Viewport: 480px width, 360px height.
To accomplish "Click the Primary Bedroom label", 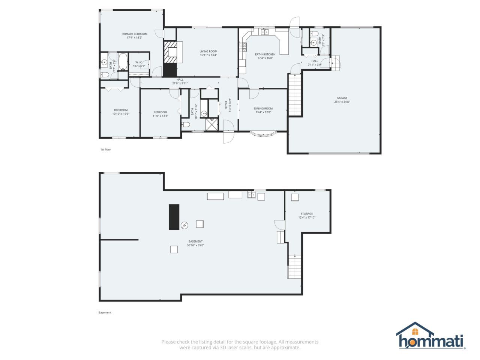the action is [x=134, y=34].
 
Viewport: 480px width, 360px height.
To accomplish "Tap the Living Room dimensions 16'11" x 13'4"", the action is [x=208, y=55].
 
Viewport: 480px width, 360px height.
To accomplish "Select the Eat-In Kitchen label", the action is [x=265, y=54].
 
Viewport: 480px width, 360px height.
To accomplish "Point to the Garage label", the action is [x=342, y=98].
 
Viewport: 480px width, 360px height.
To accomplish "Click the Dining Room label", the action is [x=263, y=108].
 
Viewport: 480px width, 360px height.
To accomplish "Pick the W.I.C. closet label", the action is [x=139, y=62].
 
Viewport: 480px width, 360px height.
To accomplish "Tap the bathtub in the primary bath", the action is [x=123, y=61].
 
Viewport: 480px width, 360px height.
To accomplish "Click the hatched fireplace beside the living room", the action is [x=170, y=52].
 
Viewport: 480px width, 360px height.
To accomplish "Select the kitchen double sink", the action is [x=265, y=32].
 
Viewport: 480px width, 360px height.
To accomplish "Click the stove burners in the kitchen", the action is [x=243, y=47].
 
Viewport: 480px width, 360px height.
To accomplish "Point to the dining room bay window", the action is [x=263, y=134].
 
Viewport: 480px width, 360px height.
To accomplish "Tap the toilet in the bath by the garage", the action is [x=314, y=34].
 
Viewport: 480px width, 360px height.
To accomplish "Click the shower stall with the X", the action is [x=212, y=124].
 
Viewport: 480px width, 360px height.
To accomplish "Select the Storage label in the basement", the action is [x=307, y=213].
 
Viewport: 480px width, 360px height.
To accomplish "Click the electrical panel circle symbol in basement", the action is [x=184, y=225].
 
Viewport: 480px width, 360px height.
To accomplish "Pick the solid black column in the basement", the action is [x=174, y=217].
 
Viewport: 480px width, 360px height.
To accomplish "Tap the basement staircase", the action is [x=294, y=267].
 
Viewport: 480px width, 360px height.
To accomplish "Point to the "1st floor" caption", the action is [x=105, y=150].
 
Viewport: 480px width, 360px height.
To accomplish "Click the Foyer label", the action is [x=226, y=105].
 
